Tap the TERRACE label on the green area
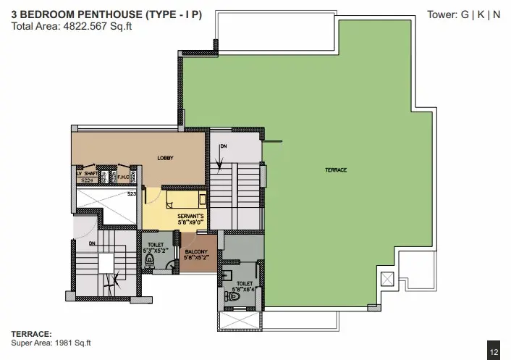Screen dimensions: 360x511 point(336,169)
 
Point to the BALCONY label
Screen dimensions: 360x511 point(197,251)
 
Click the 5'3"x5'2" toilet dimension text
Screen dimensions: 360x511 point(156,250)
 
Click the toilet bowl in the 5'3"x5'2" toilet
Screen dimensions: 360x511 point(171,265)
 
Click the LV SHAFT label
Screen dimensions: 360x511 point(87,174)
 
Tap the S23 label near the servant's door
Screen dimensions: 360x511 point(132,194)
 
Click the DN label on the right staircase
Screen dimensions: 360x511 point(223,147)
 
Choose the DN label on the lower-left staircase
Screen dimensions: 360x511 point(92,243)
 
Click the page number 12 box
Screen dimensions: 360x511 point(494,352)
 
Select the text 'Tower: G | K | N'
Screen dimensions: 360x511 point(464,14)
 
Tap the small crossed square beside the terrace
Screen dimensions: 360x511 point(387,277)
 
